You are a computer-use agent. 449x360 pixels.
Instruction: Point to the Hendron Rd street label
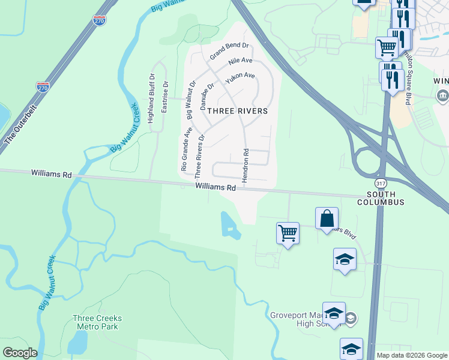click(246, 163)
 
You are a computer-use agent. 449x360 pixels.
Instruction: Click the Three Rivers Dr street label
click(200, 155)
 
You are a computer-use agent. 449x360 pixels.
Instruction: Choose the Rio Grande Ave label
click(187, 149)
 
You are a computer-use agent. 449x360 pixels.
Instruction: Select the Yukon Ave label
click(240, 78)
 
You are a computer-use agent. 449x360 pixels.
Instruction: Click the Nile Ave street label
click(241, 62)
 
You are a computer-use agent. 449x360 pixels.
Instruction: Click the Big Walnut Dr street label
click(190, 100)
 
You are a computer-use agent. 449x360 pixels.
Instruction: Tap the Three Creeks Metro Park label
click(97, 322)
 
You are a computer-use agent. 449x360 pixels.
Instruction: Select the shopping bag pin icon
click(327, 219)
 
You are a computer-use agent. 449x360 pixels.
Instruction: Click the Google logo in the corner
click(19, 353)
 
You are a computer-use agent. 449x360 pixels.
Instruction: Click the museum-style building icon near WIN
click(442, 96)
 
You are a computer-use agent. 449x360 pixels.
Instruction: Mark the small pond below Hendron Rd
click(229, 224)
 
